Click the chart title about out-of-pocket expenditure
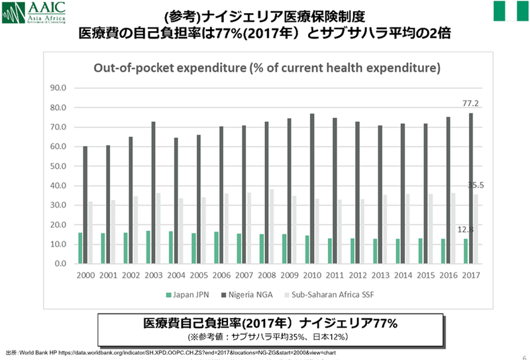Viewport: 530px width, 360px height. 267,68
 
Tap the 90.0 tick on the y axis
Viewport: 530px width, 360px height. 60,88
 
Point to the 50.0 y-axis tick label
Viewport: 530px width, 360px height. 60,166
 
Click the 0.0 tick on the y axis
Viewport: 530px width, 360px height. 62,264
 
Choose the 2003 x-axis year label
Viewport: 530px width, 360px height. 154,274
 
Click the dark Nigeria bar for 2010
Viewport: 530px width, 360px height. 312,188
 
